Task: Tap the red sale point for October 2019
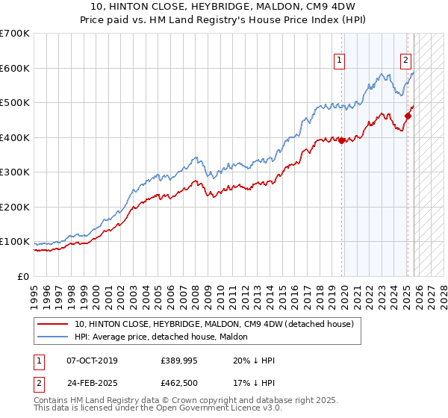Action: (x=342, y=140)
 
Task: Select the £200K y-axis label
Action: (x=15, y=207)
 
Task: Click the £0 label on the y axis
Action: (x=24, y=276)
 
